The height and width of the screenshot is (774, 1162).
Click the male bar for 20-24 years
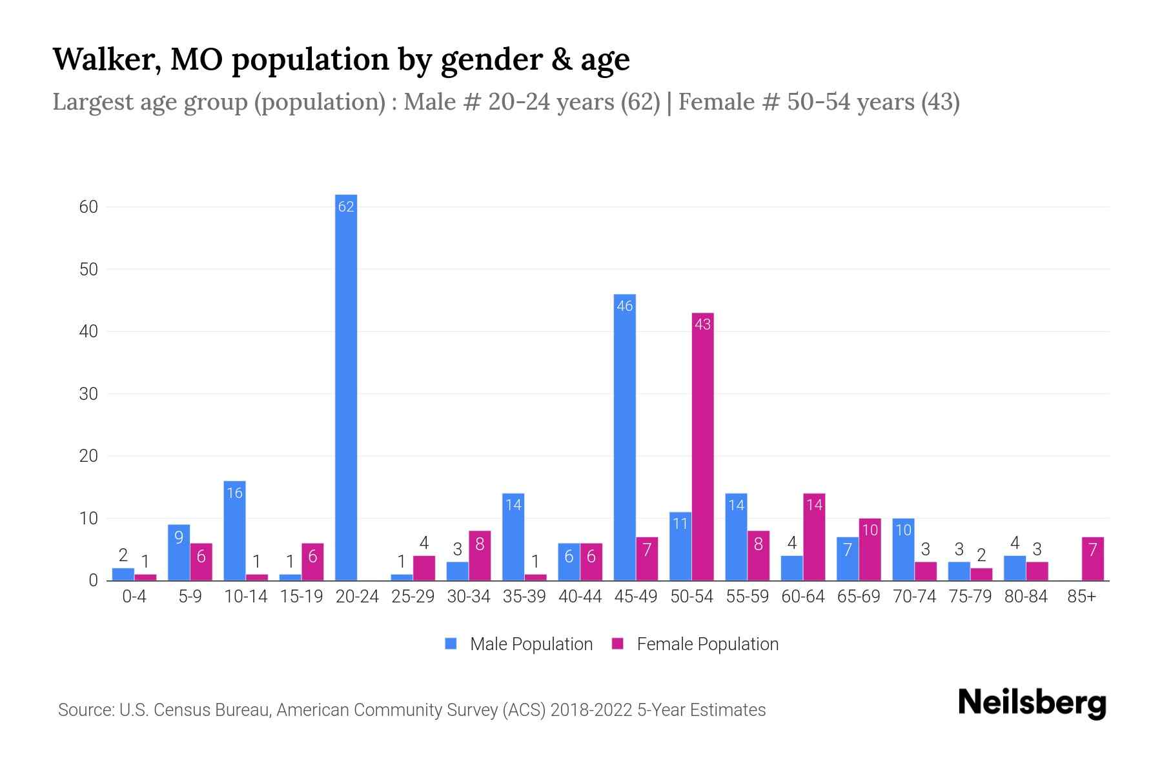(x=346, y=387)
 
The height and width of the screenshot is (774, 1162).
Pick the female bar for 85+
(x=1092, y=559)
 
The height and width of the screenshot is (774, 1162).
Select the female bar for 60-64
(x=814, y=537)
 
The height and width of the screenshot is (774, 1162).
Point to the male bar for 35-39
(x=513, y=537)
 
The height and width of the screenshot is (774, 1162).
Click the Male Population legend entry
(x=518, y=644)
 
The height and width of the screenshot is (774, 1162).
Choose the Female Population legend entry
(x=695, y=644)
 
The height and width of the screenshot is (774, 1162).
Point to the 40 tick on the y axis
(x=88, y=332)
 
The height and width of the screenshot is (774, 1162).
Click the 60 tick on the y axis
(x=88, y=207)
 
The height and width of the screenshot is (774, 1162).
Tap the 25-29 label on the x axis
(x=413, y=597)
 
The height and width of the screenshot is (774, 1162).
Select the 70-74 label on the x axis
(x=914, y=597)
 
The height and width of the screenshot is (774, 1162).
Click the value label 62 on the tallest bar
(x=346, y=206)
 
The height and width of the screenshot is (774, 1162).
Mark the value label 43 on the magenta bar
(x=702, y=324)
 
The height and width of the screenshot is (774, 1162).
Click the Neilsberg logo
(x=1032, y=703)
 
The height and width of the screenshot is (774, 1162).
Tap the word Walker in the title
(x=106, y=59)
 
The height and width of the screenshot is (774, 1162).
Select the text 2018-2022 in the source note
(x=591, y=710)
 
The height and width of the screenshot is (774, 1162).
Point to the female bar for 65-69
(x=870, y=549)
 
